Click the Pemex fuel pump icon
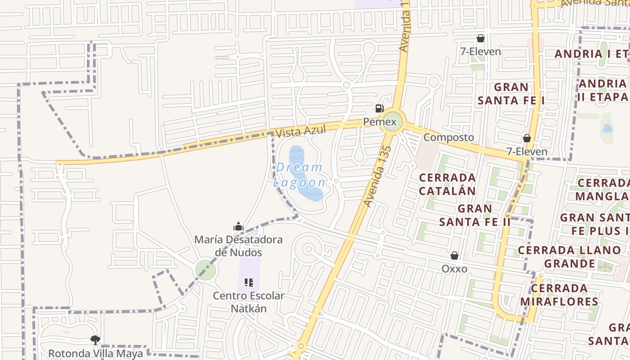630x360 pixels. pos(379,108)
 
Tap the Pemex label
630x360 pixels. pos(380,122)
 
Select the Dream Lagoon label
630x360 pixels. pos(300,175)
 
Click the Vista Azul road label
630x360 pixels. pos(300,132)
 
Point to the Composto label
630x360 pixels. pos(449,137)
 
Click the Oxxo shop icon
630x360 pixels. pos(454,256)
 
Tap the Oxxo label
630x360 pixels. pos(454,269)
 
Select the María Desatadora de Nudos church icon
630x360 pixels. pos(238,226)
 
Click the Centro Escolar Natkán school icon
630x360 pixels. pos(249,283)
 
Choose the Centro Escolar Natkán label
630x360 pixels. pos(248,302)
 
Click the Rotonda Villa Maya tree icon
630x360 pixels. pos(95,340)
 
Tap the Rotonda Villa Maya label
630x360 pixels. pos(95,353)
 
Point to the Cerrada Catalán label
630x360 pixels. pos(447,184)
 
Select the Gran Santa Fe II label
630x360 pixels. pos(475,215)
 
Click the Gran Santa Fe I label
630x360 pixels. pos(511,94)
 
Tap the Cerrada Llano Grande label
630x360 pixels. pos(569,256)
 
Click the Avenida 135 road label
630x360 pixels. pos(376,176)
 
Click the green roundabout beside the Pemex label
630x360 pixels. pos(392,122)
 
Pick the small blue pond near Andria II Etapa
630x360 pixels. pos(607,129)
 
